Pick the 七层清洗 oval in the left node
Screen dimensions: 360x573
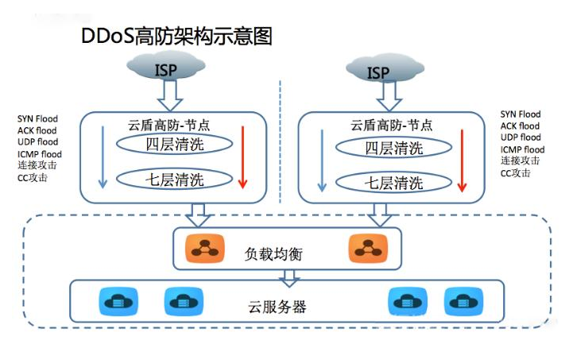174,180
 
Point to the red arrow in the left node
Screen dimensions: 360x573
243,159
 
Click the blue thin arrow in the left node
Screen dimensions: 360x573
102,159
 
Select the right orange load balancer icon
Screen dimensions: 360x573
364,249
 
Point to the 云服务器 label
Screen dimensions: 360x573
283,307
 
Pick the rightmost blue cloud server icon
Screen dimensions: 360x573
459,302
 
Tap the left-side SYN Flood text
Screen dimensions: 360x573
35,118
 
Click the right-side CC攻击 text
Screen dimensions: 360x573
516,172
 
